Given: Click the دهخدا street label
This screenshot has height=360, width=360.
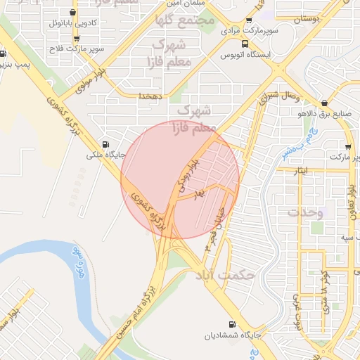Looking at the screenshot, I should (151, 95).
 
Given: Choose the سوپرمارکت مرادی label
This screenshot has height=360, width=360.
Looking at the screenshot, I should (250, 32).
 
